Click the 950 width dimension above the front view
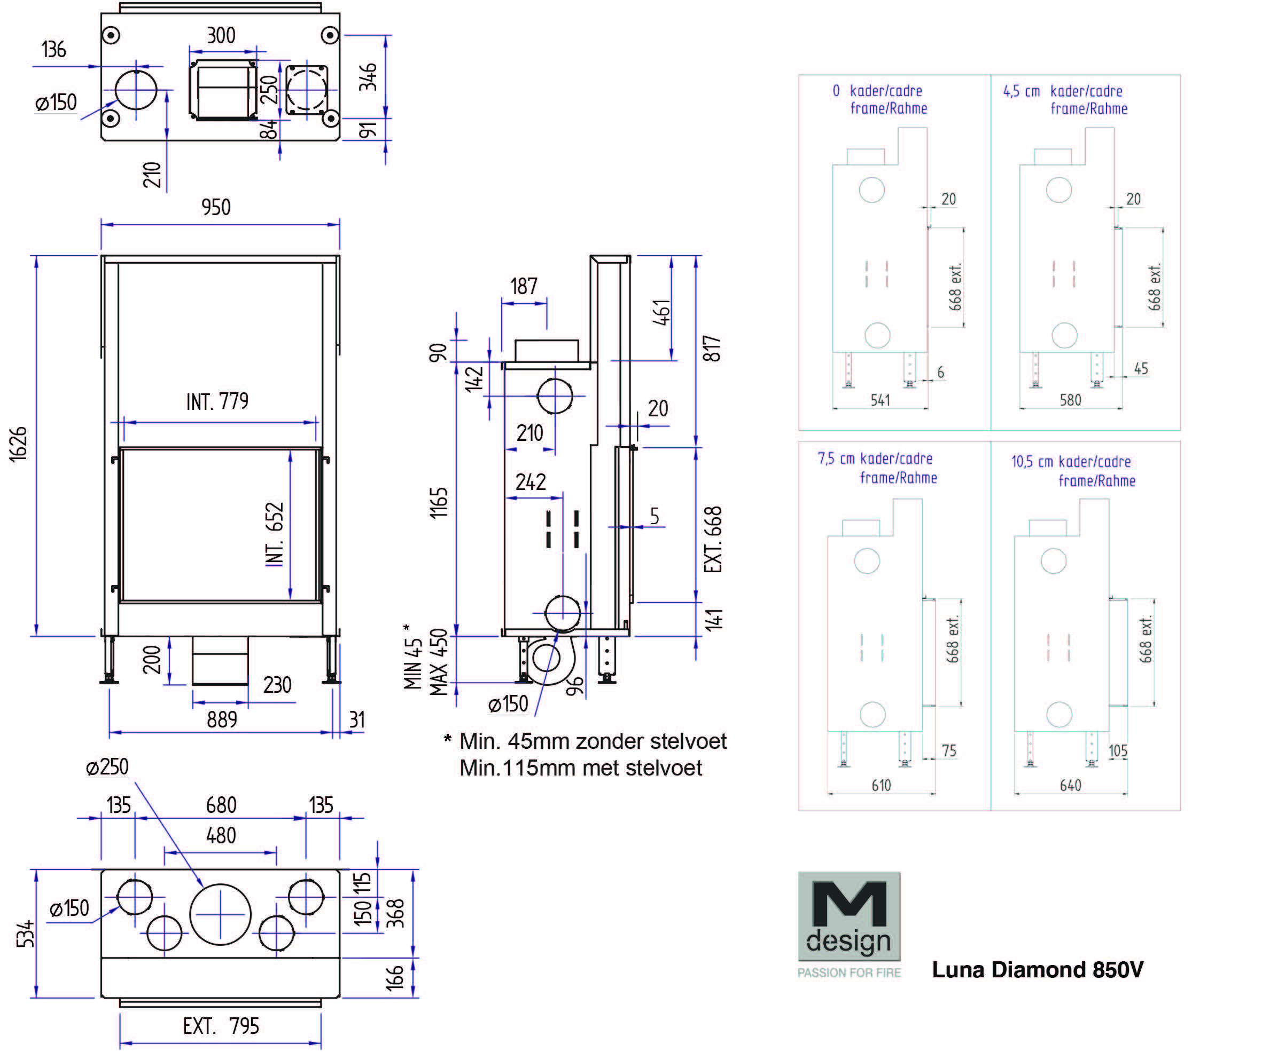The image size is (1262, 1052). click(x=216, y=208)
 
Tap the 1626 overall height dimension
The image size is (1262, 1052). click(x=19, y=444)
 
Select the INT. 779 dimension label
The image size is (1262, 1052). click(x=217, y=402)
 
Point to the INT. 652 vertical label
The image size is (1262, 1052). click(x=275, y=534)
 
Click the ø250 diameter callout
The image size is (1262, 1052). click(x=107, y=768)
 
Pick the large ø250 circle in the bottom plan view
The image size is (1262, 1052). click(x=220, y=914)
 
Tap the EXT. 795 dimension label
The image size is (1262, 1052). click(x=221, y=1026)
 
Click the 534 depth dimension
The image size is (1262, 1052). click(x=26, y=934)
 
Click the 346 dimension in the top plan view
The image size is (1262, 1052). click(x=368, y=77)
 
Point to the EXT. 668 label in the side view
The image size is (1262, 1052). click(x=713, y=539)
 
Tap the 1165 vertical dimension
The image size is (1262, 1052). click(x=439, y=503)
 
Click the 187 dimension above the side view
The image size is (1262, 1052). click(x=524, y=287)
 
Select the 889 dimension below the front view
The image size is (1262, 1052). click(x=222, y=719)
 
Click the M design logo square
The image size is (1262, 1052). click(x=848, y=916)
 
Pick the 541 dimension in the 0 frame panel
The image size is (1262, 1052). click(x=880, y=400)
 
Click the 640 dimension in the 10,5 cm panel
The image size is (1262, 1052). click(x=1070, y=786)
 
